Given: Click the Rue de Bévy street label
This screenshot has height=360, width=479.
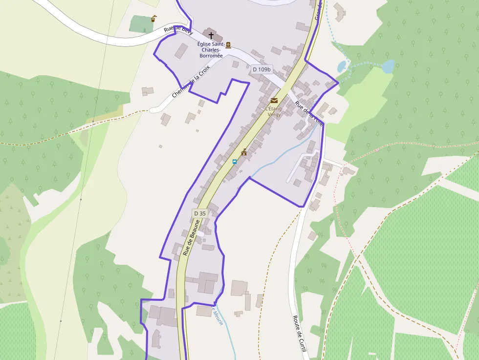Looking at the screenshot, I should coord(178,30).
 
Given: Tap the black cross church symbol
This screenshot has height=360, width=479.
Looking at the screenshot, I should coord(211,35).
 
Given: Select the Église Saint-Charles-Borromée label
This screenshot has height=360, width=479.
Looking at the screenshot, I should coord(211,50).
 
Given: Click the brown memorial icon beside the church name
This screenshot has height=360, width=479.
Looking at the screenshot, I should coord(228,45).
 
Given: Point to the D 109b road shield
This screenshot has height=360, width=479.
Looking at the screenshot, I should coord(261,69).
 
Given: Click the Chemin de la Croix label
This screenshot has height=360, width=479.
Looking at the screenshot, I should coord(191,81).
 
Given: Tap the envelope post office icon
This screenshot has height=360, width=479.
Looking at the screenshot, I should coord(274,101).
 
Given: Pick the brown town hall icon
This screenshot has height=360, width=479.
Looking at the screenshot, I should coord(244,152).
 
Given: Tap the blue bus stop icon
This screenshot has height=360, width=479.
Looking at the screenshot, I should coord(235,161).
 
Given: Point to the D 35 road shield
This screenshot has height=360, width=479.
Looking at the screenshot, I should coord(200,213).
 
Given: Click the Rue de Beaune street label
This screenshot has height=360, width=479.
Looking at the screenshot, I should coord(192,238).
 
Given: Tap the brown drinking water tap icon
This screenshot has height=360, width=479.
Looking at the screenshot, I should coord(154,19).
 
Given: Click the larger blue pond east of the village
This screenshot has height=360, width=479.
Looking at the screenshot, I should coord(388,66).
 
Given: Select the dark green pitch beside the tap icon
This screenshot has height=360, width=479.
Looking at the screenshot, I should coord(141,23).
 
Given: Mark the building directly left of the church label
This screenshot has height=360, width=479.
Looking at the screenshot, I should coord(181,51).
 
